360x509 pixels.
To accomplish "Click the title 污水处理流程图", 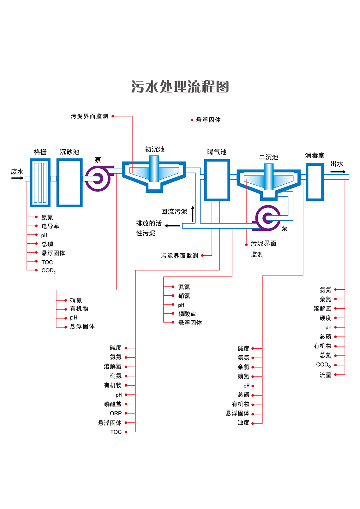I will [x=180, y=87].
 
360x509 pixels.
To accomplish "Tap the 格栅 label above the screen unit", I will [x=40, y=152].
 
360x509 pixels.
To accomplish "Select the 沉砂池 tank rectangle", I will [x=69, y=183].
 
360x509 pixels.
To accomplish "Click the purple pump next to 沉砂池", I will [x=98, y=179].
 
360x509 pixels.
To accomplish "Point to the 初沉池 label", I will [x=155, y=150].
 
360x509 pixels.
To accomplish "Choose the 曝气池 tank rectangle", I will [x=217, y=180].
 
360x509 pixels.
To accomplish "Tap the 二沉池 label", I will [x=268, y=157].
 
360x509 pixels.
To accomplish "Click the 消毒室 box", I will [x=315, y=182].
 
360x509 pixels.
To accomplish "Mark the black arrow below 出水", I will [x=338, y=172].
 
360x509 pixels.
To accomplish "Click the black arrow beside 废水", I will [x=17, y=178].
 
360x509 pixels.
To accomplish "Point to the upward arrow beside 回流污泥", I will [x=193, y=214].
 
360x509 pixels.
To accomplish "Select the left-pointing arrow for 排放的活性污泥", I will [x=172, y=226].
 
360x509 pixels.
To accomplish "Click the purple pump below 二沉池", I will [x=268, y=218].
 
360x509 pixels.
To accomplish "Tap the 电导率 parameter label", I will [x=50, y=226].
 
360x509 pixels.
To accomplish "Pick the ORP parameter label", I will [x=116, y=413].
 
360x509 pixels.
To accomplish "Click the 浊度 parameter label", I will [x=243, y=423].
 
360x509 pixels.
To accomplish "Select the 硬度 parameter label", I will [x=325, y=318].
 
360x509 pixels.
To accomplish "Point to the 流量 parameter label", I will [x=325, y=375].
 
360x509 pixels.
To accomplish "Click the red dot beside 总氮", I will [x=335, y=356].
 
